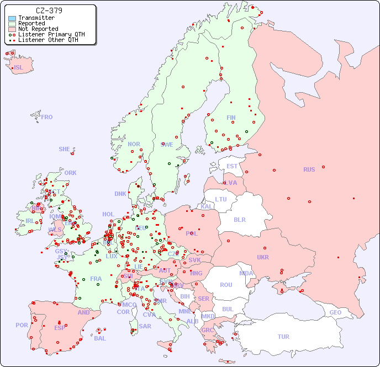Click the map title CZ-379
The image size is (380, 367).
(49, 10)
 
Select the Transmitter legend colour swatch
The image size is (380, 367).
(12, 18)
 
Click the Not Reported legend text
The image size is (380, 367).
(38, 29)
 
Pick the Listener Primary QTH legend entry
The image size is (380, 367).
(46, 34)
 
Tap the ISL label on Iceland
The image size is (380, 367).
(19, 68)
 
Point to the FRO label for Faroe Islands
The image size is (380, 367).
(47, 117)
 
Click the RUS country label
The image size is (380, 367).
(309, 169)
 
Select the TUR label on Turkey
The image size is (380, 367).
(283, 337)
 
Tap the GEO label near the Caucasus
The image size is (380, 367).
(335, 312)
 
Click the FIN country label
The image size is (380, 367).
(231, 118)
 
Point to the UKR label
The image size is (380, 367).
(262, 257)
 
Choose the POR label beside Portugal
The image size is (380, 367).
(22, 325)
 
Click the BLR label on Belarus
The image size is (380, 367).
(240, 219)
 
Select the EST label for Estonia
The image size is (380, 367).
(232, 166)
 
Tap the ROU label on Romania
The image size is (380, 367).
(226, 285)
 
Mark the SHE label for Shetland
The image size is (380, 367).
(65, 149)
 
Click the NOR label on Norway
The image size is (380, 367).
(134, 144)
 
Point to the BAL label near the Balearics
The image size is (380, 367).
(99, 338)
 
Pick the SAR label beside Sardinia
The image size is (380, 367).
(145, 326)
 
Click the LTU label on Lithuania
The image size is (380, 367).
(221, 199)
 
